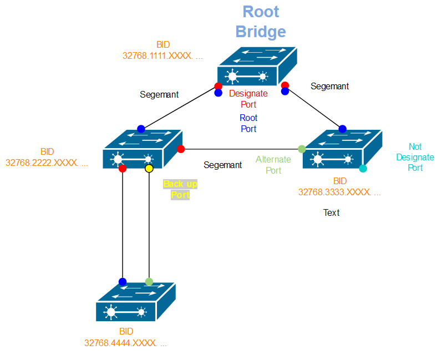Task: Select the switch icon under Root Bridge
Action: click(x=257, y=67)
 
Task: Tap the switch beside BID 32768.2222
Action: click(x=143, y=149)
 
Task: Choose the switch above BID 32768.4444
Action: click(x=135, y=302)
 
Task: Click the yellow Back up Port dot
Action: click(x=149, y=168)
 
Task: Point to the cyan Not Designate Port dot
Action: click(x=363, y=168)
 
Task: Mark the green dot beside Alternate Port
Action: click(x=302, y=149)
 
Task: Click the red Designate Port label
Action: click(x=248, y=99)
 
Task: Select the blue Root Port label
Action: click(x=248, y=123)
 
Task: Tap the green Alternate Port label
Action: click(x=273, y=165)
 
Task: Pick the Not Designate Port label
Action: click(x=415, y=157)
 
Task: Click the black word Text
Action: click(x=332, y=212)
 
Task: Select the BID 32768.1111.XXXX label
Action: click(x=162, y=50)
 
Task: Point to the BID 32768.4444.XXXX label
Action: click(x=125, y=338)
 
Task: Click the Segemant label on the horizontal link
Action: click(x=222, y=165)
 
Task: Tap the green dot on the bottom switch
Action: click(x=149, y=282)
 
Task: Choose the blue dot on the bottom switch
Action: click(x=123, y=282)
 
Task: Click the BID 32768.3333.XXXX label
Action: click(x=339, y=187)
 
